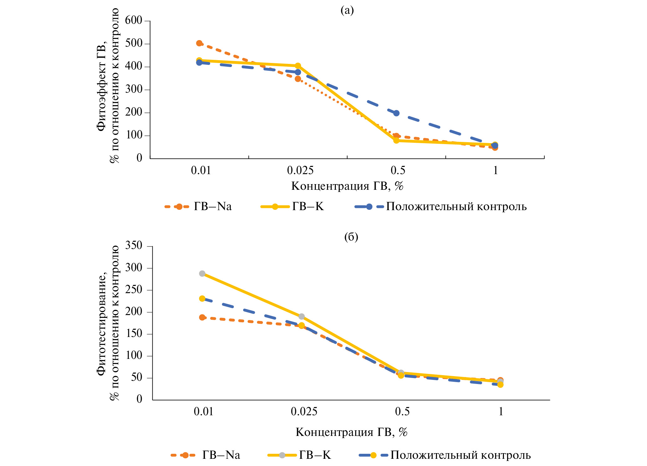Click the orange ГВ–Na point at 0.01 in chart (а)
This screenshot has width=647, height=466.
[199, 43]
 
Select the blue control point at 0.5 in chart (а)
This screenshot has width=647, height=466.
[396, 113]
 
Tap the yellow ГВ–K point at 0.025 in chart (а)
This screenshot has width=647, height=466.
[298, 66]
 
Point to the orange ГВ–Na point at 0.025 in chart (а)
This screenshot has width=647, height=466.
[298, 79]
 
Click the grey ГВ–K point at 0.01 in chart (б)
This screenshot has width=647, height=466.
[202, 273]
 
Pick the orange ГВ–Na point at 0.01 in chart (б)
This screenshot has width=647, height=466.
[202, 317]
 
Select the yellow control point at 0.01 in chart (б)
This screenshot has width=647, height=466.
[202, 298]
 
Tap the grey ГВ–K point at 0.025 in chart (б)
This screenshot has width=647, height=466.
[301, 316]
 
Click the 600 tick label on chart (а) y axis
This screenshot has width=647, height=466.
[134, 20]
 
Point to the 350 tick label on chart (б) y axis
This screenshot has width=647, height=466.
[134, 245]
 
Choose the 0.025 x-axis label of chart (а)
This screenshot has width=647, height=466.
[300, 170]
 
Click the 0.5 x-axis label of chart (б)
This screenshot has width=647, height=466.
[402, 411]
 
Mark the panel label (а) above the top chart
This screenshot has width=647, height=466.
[347, 10]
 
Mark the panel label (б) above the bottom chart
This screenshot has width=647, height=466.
[351, 237]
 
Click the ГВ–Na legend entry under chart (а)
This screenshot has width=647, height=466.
[213, 207]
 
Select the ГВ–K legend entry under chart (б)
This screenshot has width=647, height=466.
[315, 455]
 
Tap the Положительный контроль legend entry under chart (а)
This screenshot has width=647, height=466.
[456, 207]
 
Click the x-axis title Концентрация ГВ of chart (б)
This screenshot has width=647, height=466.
[351, 432]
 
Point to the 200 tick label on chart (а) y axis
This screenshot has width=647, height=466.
[134, 112]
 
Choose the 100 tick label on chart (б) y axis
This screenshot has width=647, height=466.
[134, 356]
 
